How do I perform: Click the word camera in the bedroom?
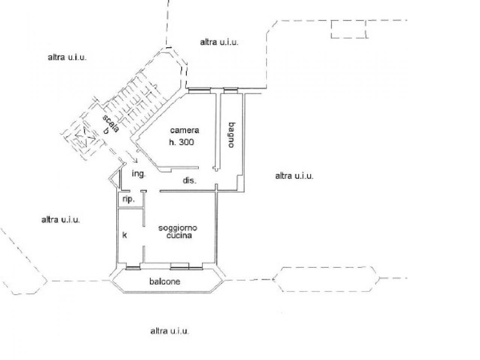(x=184, y=130)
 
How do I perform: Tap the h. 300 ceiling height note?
(x=181, y=142)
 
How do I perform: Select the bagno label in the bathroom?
(x=232, y=135)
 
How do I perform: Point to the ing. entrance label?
(x=139, y=174)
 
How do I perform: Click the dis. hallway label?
(x=189, y=180)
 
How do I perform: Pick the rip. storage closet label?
(x=129, y=199)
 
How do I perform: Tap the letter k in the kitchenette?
(x=124, y=235)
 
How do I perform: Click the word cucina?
(x=179, y=235)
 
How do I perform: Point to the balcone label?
(x=165, y=282)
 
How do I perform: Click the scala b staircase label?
(x=110, y=124)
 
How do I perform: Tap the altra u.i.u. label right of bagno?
(x=294, y=176)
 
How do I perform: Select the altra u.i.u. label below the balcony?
(x=169, y=331)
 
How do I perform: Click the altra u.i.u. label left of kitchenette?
(x=61, y=220)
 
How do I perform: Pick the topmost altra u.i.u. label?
(x=219, y=42)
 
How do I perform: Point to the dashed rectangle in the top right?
(x=349, y=29)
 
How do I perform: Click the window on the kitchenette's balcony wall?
(x=133, y=268)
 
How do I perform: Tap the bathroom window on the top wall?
(x=231, y=90)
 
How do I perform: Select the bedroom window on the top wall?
(x=199, y=90)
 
